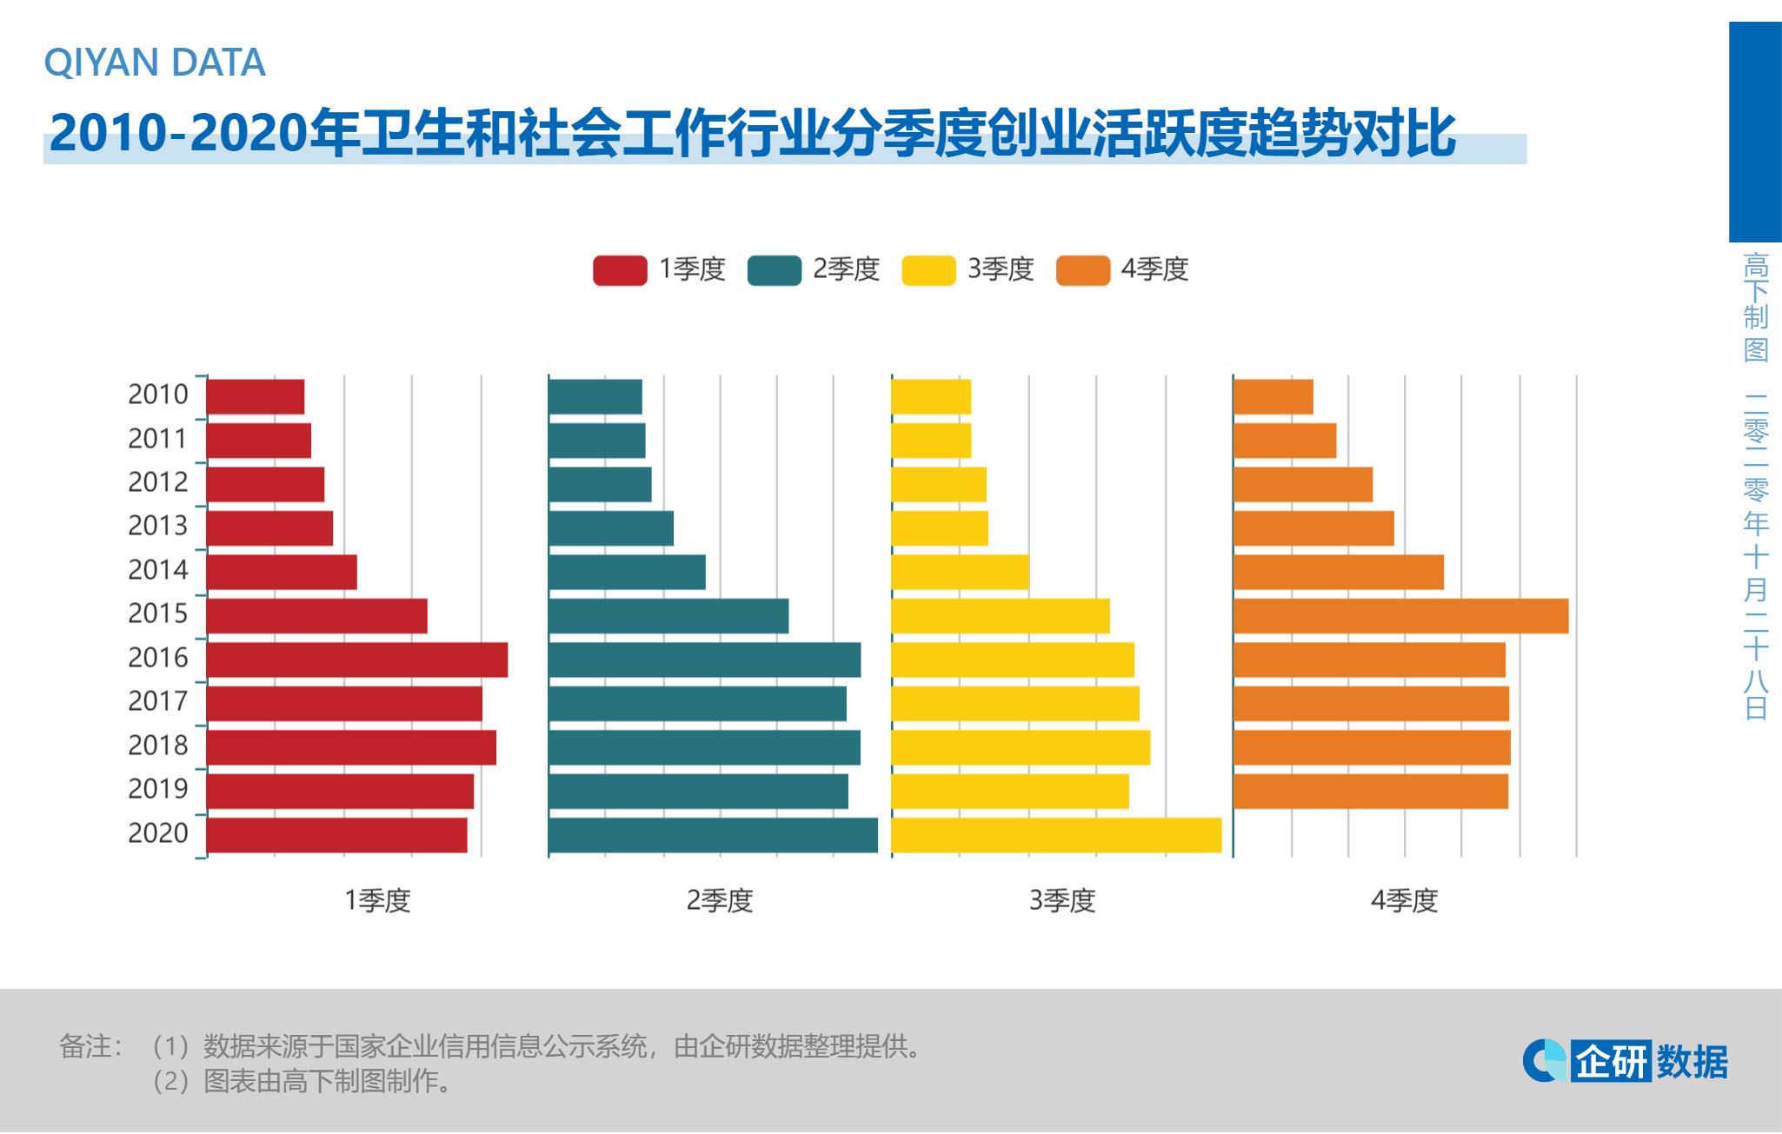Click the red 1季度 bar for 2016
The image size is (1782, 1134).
pos(356,660)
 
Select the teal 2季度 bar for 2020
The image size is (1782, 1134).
pos(713,835)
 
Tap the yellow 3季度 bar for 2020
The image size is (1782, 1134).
pos(1056,835)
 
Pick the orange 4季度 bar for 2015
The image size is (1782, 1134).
pos(1400,616)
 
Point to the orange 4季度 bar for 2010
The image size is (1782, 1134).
pos(1273,396)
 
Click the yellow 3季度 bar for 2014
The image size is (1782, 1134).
pos(960,572)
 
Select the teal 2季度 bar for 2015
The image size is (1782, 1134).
pos(668,616)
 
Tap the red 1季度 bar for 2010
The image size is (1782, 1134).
pos(256,396)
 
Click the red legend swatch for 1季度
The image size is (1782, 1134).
pos(620,270)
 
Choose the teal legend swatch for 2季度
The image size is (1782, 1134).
pos(774,270)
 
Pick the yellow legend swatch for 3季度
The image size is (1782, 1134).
pos(928,270)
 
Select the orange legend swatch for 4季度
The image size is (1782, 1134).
pos(1082,270)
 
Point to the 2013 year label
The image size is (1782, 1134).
pos(158,526)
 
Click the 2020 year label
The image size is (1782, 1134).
pos(158,832)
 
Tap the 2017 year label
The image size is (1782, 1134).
pos(158,700)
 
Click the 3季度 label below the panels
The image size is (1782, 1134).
pos(1062,900)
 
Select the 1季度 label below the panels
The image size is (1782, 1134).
pos(377,900)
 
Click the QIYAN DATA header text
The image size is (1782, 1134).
pos(155,63)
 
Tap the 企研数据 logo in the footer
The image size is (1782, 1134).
pos(1626,1061)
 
